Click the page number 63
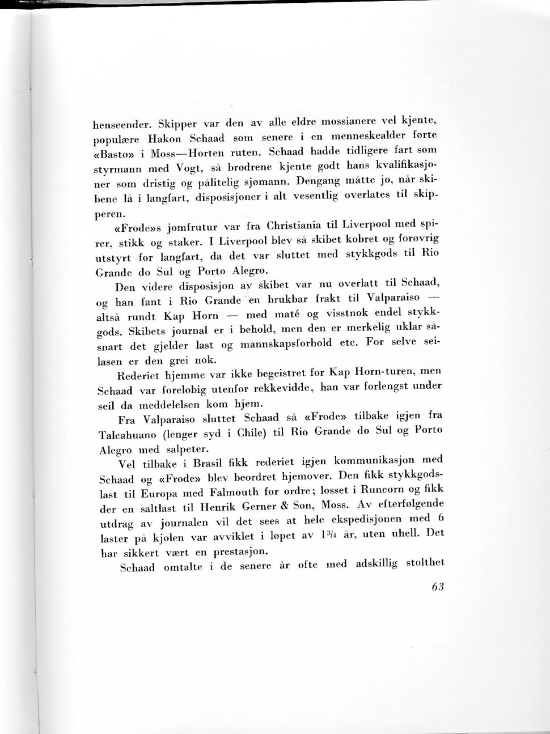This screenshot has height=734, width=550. pos(437,587)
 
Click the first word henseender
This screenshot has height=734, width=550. pos(121,124)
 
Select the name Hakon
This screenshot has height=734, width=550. pos(164,139)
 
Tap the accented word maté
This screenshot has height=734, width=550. pos(287,314)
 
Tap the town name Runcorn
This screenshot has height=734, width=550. pos(382,489)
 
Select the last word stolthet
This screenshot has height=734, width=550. pos(425,563)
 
